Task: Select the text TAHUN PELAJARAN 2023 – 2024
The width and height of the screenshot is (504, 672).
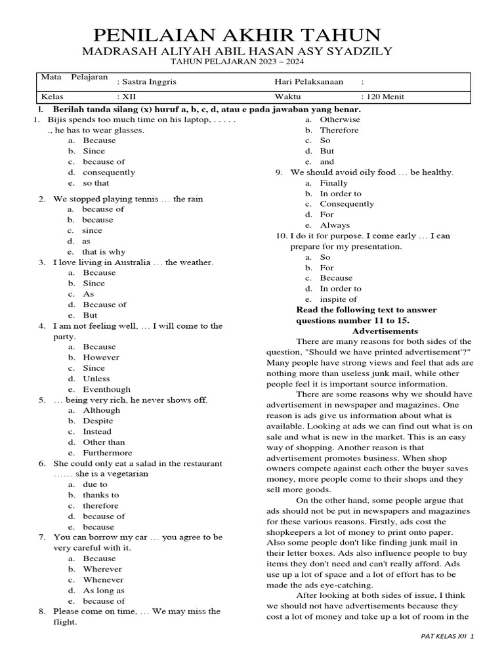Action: click(x=237, y=62)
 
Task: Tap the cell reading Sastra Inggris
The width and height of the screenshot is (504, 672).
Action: click(x=146, y=82)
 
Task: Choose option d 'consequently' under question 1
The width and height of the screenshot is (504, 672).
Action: click(x=109, y=173)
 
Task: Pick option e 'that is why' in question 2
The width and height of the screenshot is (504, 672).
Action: click(x=104, y=252)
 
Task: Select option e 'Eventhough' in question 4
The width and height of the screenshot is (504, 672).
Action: click(x=106, y=389)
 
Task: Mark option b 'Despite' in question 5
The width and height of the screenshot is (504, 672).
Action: click(x=98, y=421)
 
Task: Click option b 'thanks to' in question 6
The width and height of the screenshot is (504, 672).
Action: click(x=101, y=495)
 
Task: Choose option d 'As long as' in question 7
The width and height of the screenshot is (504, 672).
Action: click(x=104, y=591)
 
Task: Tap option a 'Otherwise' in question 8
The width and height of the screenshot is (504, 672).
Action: click(x=340, y=119)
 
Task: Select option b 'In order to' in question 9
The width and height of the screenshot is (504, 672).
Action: click(x=341, y=194)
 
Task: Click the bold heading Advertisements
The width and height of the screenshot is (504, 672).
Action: click(x=385, y=331)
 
